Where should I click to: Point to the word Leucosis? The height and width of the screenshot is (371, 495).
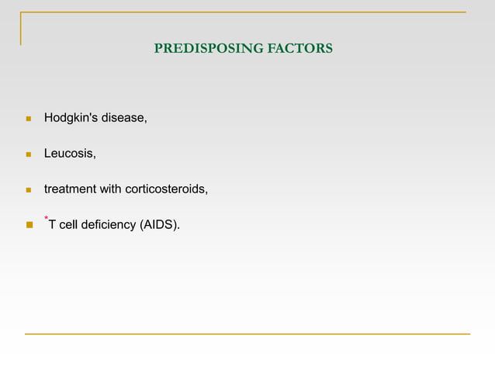click(x=70, y=154)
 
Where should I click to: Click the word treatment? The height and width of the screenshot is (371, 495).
click(x=70, y=189)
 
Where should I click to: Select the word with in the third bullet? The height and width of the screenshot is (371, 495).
click(x=112, y=189)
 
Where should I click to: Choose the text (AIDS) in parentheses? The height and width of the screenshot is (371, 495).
click(x=158, y=225)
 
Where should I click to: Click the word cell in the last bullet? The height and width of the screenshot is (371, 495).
click(x=69, y=225)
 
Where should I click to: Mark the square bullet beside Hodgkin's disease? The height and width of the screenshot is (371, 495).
click(x=28, y=120)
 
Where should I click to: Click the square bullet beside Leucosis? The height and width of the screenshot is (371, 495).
click(x=28, y=155)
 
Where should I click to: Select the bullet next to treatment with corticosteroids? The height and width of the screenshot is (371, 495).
click(x=28, y=190)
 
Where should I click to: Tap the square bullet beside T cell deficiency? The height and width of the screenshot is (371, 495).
click(x=28, y=226)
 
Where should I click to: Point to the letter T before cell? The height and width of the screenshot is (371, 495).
click(x=53, y=225)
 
